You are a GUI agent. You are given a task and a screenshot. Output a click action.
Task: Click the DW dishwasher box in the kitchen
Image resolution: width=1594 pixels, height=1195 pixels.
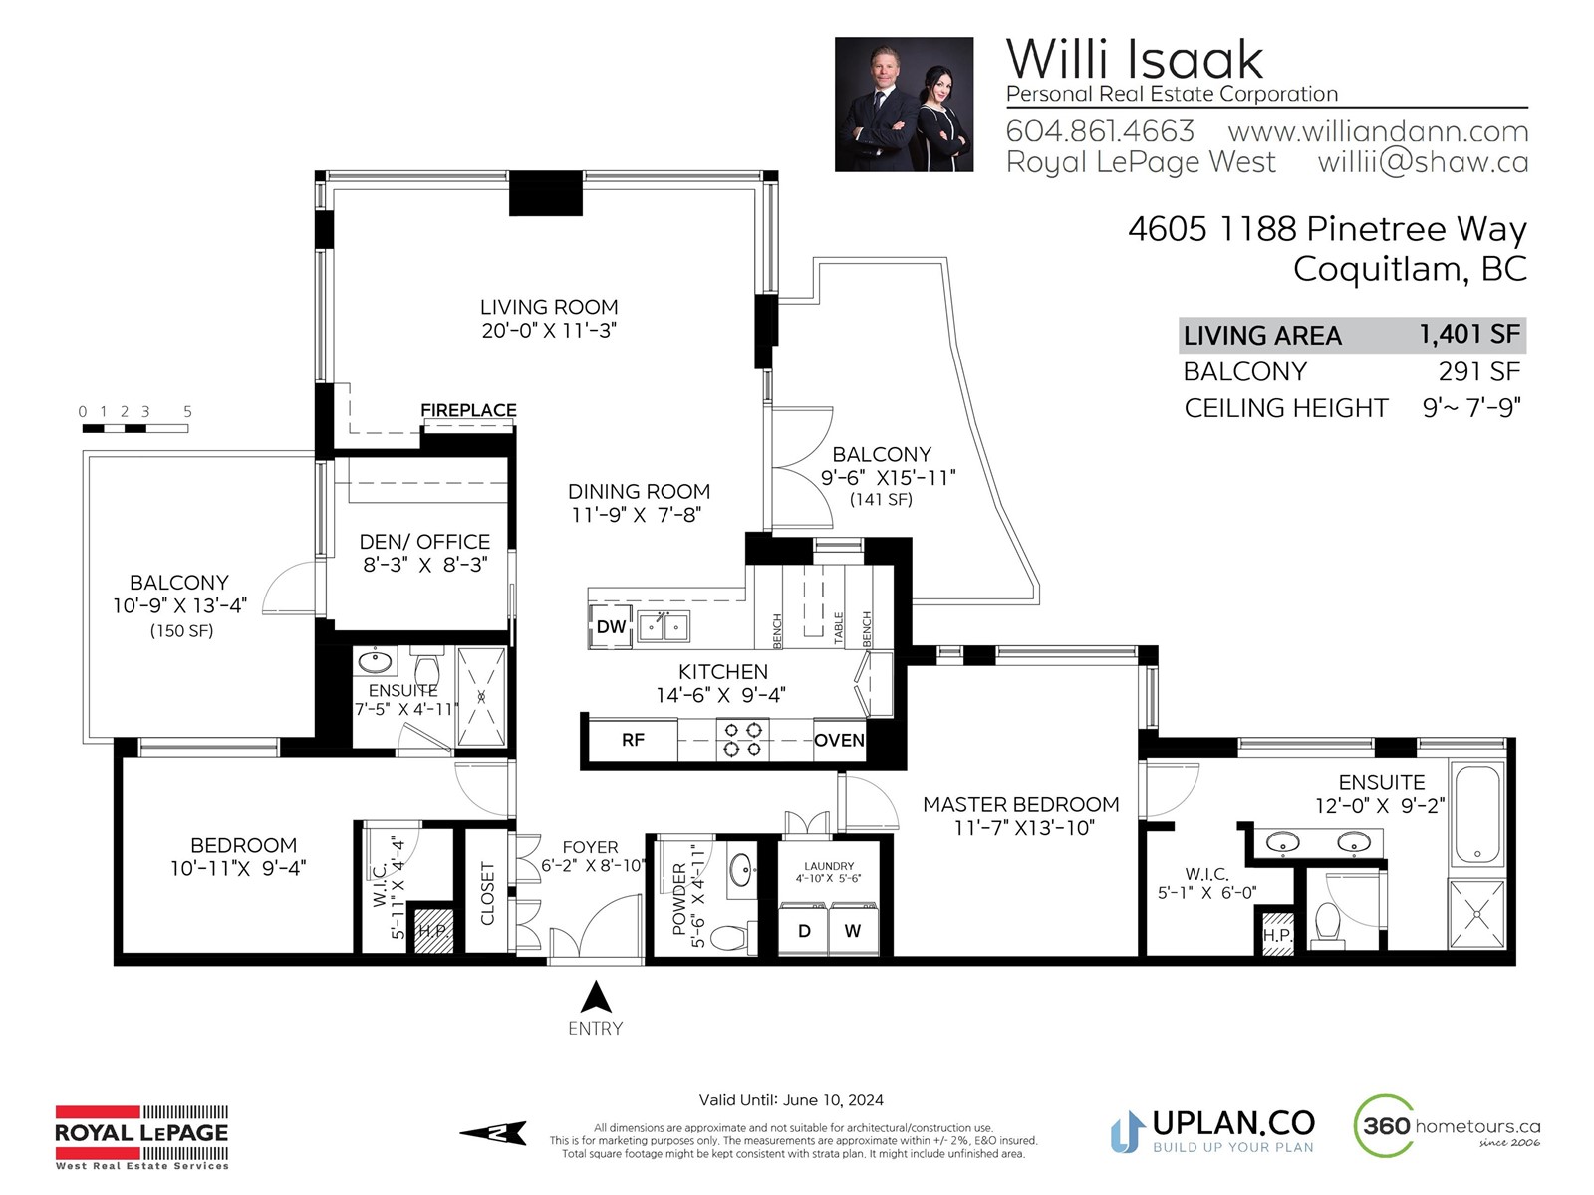point(610,626)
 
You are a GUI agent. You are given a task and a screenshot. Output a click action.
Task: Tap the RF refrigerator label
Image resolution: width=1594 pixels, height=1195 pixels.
point(633,739)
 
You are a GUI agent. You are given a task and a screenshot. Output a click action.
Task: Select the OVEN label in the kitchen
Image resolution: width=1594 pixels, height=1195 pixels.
point(839,740)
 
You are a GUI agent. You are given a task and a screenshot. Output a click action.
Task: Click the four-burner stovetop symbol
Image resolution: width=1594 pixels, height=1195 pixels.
point(743,739)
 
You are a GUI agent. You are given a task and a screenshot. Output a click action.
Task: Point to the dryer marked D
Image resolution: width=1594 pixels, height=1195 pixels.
point(803,930)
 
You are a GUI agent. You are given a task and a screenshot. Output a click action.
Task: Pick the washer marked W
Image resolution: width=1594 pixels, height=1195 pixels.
point(853,930)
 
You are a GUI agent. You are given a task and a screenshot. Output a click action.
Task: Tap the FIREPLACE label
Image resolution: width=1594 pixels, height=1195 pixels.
point(468,410)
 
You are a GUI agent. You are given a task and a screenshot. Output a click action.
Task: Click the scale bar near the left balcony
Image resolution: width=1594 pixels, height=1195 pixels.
point(135,429)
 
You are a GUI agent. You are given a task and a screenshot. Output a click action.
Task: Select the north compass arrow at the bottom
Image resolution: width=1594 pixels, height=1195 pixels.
point(493,1132)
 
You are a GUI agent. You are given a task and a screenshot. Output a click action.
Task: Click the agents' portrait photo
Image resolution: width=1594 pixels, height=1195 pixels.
point(904,105)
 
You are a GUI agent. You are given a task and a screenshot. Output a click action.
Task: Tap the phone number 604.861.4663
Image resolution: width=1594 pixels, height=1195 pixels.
point(1100,131)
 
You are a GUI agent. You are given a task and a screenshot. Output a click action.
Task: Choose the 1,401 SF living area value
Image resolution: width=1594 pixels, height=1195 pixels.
point(1469,334)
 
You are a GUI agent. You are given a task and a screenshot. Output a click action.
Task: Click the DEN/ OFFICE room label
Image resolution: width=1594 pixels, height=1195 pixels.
point(424,542)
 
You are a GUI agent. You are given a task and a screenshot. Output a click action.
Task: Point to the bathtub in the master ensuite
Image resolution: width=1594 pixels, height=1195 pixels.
point(1477,813)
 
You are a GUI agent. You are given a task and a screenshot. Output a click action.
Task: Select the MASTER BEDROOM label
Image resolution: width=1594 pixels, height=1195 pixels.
point(1020,804)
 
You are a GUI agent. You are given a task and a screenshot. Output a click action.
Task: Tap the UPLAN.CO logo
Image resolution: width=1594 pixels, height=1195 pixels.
point(1212,1130)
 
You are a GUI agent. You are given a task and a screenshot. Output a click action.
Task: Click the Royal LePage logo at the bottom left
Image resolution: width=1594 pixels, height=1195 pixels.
point(141,1137)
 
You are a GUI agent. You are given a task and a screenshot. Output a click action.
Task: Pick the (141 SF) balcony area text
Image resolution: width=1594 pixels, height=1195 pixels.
point(881,499)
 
